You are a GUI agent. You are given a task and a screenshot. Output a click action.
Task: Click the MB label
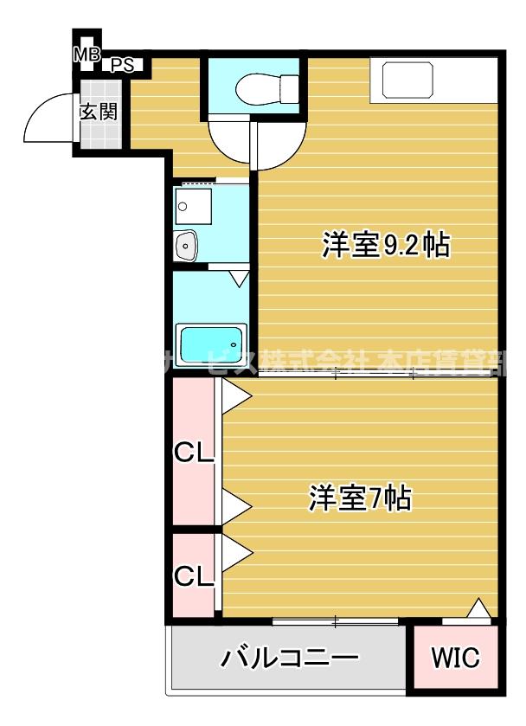point(86,55)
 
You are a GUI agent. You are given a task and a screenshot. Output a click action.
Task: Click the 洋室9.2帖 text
point(385,245)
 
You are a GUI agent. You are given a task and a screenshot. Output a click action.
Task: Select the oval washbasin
point(186,246)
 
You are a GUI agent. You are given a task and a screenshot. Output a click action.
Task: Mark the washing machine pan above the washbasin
point(194,206)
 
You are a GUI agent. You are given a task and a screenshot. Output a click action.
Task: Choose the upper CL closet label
point(194,453)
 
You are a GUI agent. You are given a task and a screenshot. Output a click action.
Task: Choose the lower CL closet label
point(194,575)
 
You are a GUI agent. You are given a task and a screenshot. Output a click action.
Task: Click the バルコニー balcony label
point(290,659)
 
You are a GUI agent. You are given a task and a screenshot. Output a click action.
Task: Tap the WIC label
point(455,659)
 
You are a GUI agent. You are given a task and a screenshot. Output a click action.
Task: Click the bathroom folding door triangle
point(240,279)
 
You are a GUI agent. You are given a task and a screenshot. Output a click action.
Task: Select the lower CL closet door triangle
point(235,551)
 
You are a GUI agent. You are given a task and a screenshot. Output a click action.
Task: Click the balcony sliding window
point(336,620)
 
